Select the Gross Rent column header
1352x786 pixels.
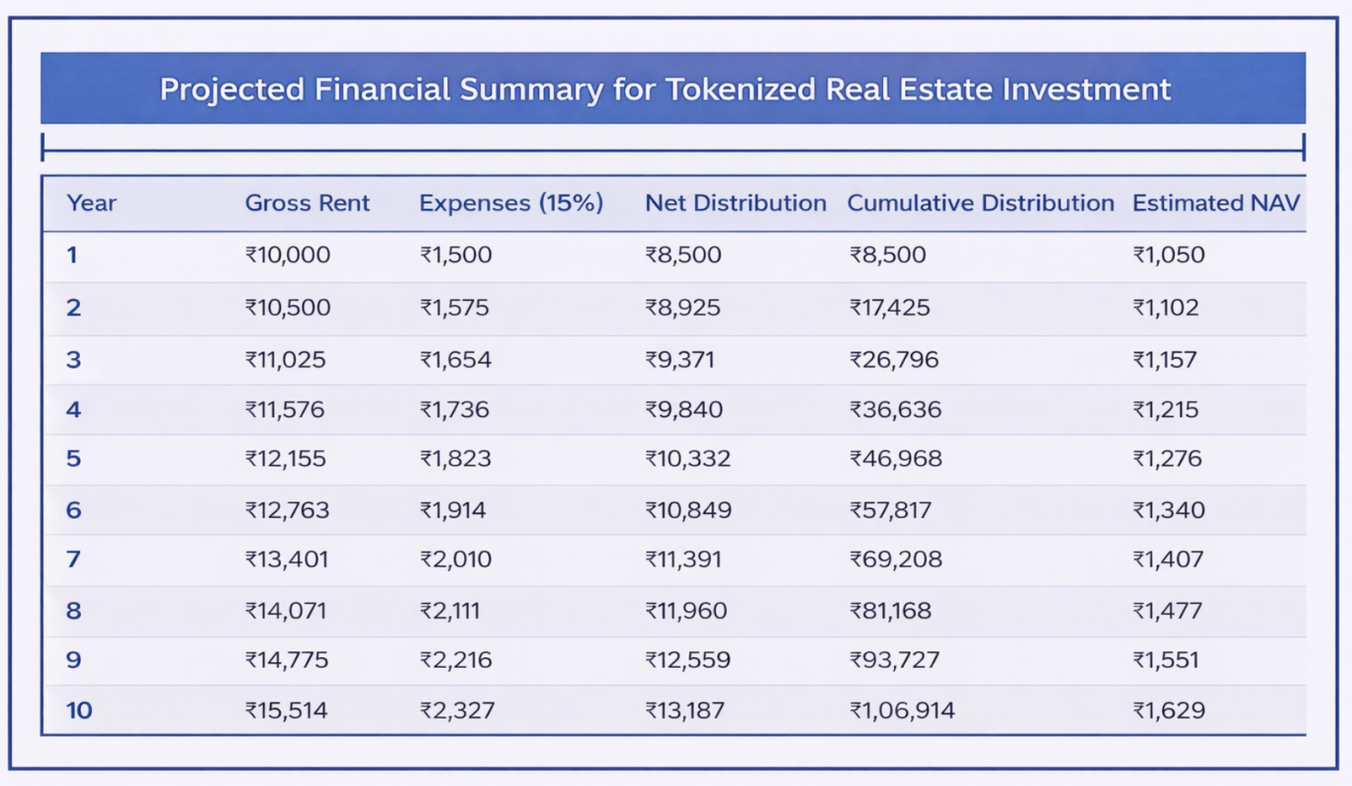tap(307, 203)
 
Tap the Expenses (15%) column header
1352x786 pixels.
tap(511, 203)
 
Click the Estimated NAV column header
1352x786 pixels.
tap(1216, 203)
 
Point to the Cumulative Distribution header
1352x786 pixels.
tap(980, 203)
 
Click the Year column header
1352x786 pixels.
tap(91, 203)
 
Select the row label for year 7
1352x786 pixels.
tap(74, 559)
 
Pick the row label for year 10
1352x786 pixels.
tap(79, 710)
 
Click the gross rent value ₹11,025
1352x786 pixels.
tap(285, 359)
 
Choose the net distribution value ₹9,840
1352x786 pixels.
tap(684, 409)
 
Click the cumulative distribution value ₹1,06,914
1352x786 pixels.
tap(902, 710)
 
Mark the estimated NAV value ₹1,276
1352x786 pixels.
tap(1168, 458)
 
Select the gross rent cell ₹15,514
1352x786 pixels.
tap(286, 710)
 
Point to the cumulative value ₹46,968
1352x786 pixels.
tap(896, 458)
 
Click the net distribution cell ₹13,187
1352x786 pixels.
tap(685, 710)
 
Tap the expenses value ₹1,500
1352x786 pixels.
tap(455, 254)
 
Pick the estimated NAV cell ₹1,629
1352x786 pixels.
tap(1169, 710)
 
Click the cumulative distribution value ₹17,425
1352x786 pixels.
tap(890, 307)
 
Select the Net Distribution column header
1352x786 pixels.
tap(735, 203)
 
